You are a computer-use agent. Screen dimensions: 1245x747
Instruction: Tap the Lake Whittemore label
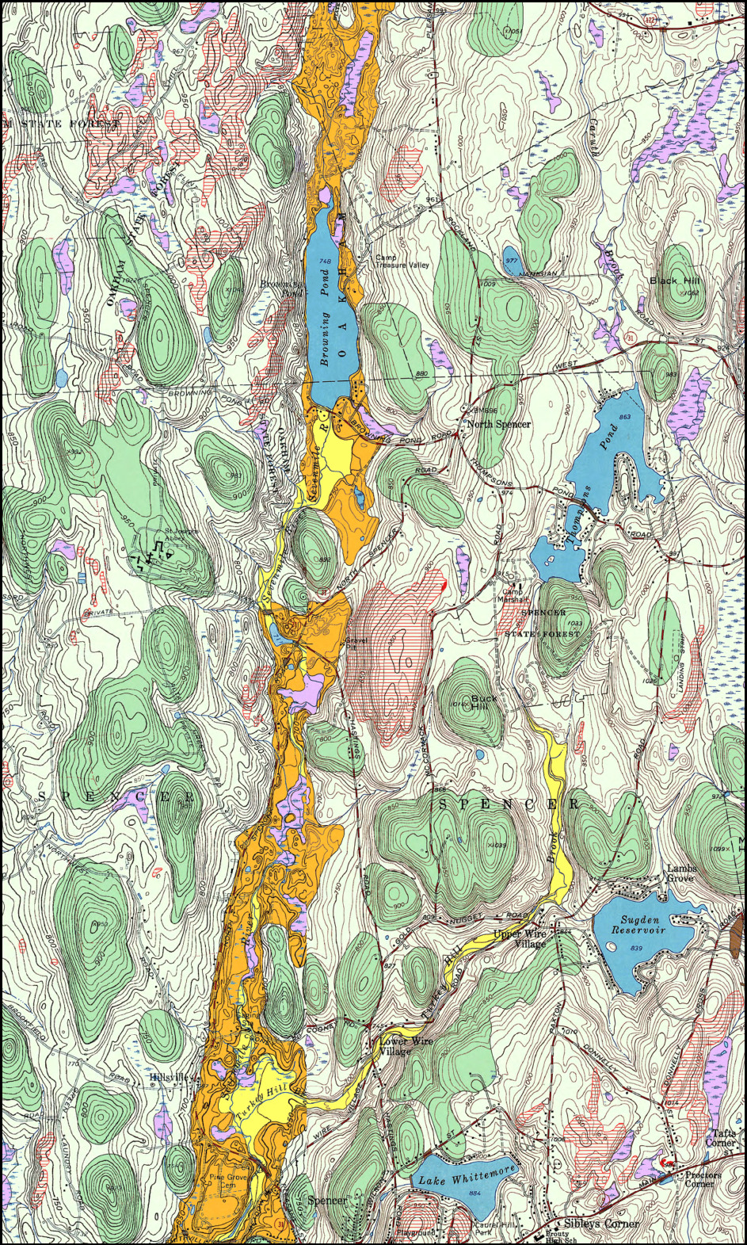[467, 1175]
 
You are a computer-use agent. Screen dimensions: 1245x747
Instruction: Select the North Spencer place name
[499, 425]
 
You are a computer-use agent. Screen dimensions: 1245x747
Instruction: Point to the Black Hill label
[674, 281]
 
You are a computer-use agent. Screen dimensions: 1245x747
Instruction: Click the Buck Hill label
[484, 703]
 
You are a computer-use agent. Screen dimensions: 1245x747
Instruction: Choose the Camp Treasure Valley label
[402, 261]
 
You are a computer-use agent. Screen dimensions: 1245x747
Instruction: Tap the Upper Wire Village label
[519, 938]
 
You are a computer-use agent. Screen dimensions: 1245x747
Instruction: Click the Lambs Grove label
[680, 873]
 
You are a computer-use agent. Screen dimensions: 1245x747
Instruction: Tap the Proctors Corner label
[703, 1178]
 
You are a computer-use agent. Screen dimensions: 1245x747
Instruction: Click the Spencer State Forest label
[543, 624]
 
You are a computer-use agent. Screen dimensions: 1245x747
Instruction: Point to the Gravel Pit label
[353, 644]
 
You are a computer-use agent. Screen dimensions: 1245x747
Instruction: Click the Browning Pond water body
[327, 333]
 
